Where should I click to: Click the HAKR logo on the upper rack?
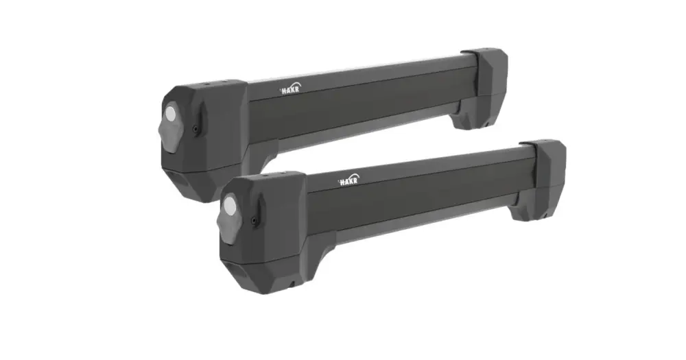pyautogui.click(x=290, y=88)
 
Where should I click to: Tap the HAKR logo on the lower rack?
pyautogui.click(x=348, y=180)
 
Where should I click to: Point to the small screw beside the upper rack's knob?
pyautogui.click(x=195, y=128)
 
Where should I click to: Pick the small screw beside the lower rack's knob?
pyautogui.click(x=253, y=220)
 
